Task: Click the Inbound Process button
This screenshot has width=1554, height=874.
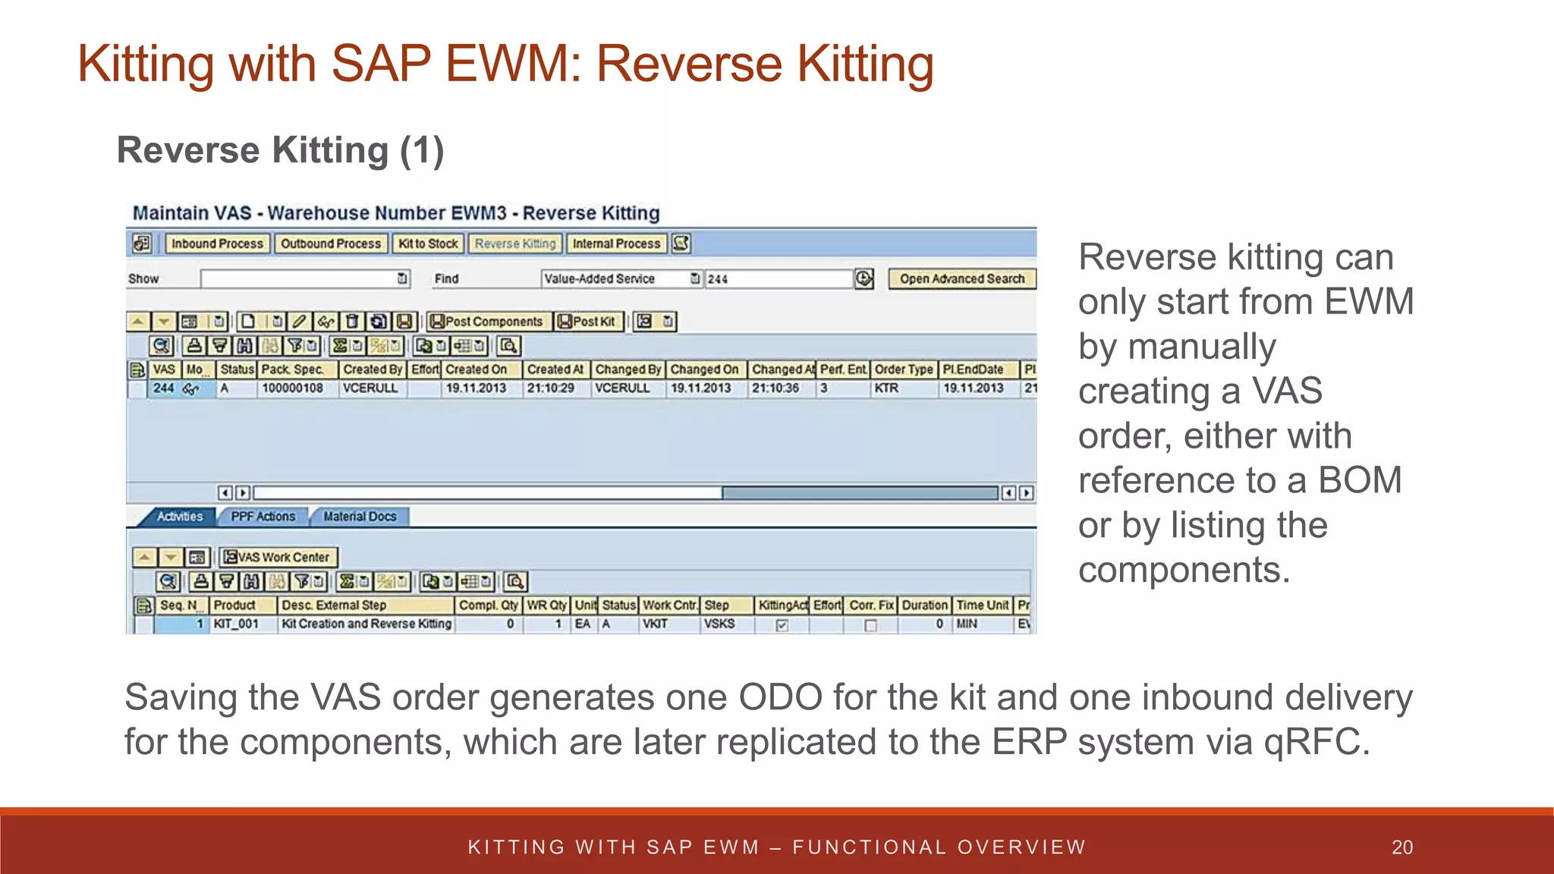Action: (x=217, y=244)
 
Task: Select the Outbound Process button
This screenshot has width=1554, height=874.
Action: (x=331, y=244)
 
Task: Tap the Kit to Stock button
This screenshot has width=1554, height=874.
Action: (x=428, y=244)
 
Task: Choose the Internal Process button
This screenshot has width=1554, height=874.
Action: (x=616, y=244)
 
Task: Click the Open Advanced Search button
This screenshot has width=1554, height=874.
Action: (x=961, y=278)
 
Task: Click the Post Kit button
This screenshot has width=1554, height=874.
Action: (x=587, y=322)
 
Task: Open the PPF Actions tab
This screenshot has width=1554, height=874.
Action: (x=263, y=517)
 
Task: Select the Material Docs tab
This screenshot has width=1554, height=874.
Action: (x=360, y=517)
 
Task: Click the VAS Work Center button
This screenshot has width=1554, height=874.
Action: (x=278, y=558)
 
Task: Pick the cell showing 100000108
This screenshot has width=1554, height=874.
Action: (x=292, y=388)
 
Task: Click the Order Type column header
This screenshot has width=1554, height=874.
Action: (x=903, y=369)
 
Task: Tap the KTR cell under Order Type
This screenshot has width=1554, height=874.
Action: (x=886, y=388)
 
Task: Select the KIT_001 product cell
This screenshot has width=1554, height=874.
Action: (x=236, y=624)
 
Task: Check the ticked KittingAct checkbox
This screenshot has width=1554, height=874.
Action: (x=782, y=625)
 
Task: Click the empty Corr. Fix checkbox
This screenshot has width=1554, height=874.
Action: (x=870, y=625)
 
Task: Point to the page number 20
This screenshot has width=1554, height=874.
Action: (x=1401, y=847)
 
